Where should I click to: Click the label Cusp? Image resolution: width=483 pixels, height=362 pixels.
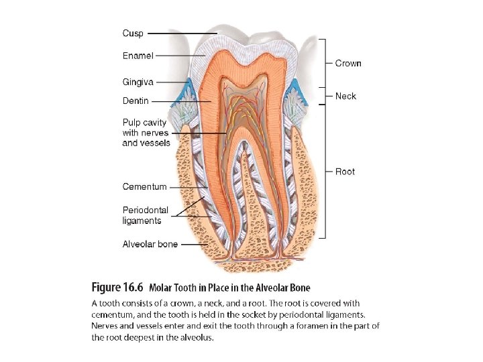click(133, 33)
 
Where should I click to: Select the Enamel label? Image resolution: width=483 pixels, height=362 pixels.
click(138, 56)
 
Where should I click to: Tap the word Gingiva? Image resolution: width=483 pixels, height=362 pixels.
click(138, 82)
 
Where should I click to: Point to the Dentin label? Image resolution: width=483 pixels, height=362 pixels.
click(136, 101)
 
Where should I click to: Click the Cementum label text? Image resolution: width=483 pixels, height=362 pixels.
click(144, 186)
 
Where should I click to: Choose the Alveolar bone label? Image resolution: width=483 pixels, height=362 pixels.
click(150, 244)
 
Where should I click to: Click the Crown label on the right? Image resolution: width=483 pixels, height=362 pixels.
click(348, 63)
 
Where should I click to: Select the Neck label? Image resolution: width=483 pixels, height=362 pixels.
click(345, 96)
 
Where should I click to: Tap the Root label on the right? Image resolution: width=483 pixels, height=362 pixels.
click(345, 172)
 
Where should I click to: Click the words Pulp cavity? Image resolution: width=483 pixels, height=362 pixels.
click(144, 123)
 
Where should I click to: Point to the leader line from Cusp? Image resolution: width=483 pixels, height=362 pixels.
click(181, 33)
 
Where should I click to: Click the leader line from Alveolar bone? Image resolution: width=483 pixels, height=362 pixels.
click(195, 244)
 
